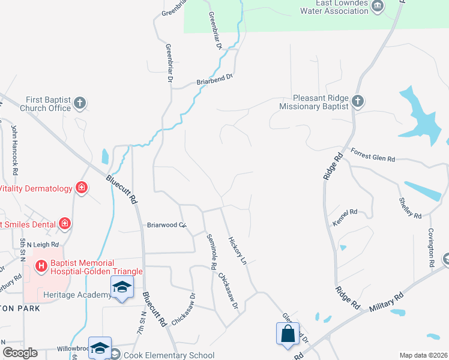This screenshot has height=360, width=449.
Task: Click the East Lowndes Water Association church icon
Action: (x=378, y=7)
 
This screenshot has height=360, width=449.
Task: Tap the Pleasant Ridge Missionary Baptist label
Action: (x=314, y=103)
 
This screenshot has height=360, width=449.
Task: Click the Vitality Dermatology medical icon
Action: (x=82, y=188)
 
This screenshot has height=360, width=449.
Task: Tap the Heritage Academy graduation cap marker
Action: (x=121, y=287)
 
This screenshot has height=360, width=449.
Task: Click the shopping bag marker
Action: (x=288, y=333)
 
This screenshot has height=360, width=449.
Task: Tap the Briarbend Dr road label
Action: (x=214, y=79)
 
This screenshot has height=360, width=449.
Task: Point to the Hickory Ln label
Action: (x=237, y=251)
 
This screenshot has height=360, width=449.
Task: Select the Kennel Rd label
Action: (x=345, y=217)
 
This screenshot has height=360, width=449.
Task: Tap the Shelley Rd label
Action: (x=411, y=207)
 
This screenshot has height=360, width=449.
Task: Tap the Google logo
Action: (x=19, y=353)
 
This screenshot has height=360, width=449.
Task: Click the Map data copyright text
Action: (x=423, y=355)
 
